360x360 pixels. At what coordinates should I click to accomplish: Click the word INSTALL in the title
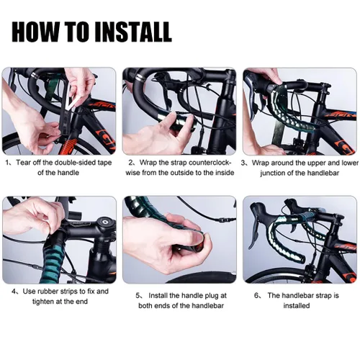pos(132,32)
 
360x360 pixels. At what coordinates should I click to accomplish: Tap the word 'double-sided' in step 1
pos(76,163)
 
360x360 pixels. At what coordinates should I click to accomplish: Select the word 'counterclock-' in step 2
pos(210,163)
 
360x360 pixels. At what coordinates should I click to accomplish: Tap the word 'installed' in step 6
pos(297,305)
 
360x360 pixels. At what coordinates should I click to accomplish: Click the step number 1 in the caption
pos(7,163)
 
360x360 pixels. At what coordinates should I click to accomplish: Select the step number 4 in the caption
pos(14,292)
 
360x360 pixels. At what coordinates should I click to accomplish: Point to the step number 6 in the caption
pos(256,295)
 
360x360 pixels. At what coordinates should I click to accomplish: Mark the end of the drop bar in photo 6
pos(302,260)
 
